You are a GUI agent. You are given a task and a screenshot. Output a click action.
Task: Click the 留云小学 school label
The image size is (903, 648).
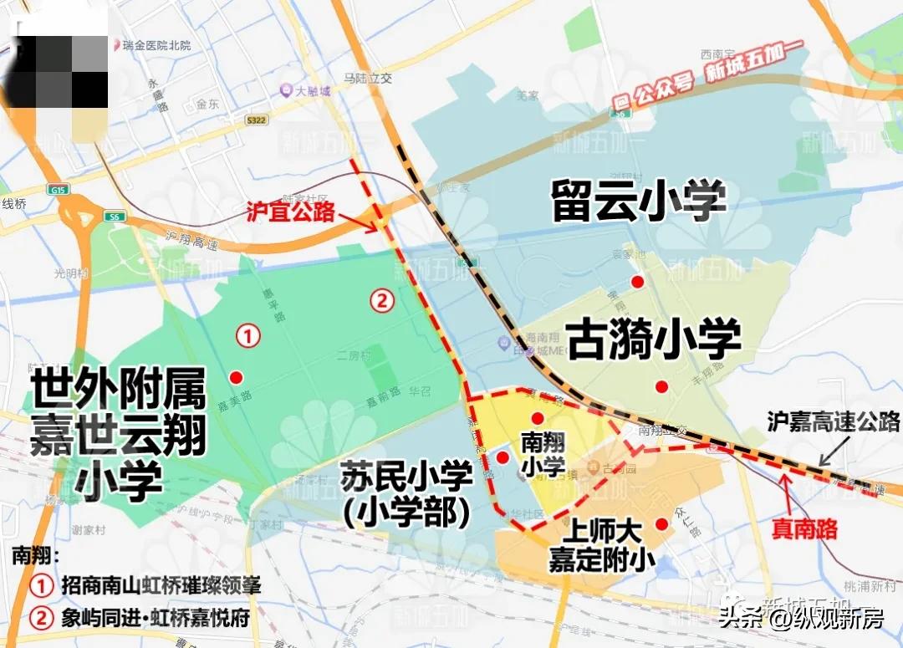coord(639,202)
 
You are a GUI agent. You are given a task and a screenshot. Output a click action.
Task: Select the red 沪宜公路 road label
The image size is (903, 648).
coord(290,210)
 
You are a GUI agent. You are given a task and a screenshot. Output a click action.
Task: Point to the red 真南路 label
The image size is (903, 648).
coord(804,528)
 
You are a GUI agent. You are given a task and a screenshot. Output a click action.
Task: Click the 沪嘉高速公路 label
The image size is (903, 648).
coord(834,421)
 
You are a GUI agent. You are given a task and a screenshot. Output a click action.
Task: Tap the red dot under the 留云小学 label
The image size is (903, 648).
coord(638,281)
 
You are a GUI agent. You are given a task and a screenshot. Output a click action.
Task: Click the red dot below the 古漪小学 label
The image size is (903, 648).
coord(661,386)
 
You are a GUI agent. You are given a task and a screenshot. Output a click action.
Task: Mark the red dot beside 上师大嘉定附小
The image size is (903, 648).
coord(661,524)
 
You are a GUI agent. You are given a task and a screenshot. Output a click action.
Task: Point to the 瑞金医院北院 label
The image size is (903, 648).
coord(155,44)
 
